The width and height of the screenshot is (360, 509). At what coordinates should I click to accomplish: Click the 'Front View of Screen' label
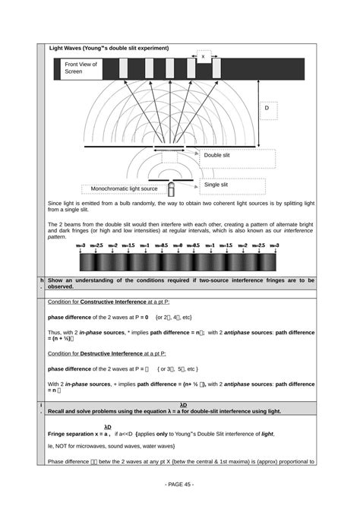click(81, 68)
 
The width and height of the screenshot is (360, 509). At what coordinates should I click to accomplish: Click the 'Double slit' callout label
click(216, 155)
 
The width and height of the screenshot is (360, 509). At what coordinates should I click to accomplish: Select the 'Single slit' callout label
click(216, 184)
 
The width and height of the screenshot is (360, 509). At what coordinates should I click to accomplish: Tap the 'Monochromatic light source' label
click(125, 188)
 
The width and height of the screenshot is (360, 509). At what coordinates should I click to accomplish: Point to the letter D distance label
click(267, 109)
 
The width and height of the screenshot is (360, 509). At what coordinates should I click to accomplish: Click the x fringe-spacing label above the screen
click(203, 55)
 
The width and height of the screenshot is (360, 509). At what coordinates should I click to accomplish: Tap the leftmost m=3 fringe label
click(81, 245)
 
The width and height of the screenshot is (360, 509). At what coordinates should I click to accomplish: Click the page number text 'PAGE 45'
click(179, 484)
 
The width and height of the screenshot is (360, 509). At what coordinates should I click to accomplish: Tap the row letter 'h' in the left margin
click(42, 280)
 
